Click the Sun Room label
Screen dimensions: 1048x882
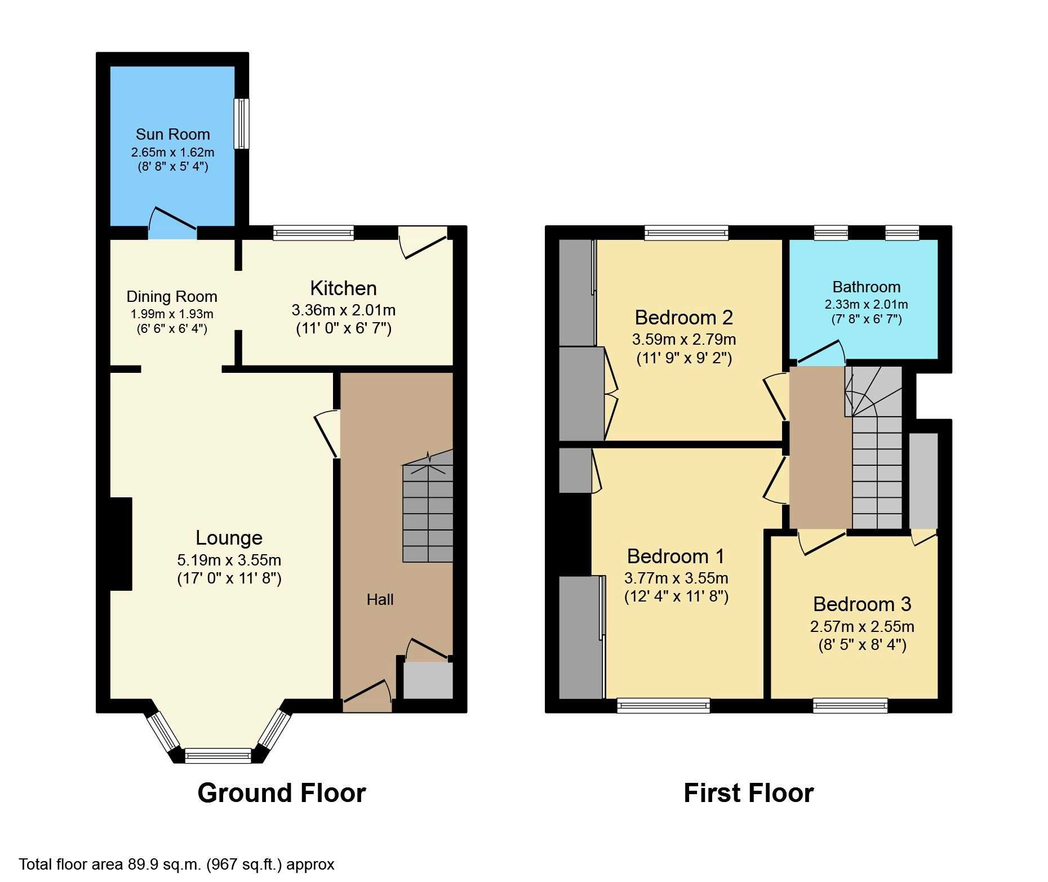(172, 134)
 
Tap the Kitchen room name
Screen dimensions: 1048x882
(343, 288)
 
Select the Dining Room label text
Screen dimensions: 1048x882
(172, 297)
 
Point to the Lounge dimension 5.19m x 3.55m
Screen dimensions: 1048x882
(229, 560)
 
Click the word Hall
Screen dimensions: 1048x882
(380, 599)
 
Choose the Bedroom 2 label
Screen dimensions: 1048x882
(684, 318)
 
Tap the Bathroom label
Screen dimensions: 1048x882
(867, 287)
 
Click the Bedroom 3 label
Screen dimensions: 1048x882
(862, 604)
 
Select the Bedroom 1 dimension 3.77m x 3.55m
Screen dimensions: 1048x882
(676, 578)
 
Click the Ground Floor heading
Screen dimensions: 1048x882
(282, 793)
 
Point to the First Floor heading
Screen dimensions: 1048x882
(749, 793)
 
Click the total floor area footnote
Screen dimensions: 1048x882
(177, 865)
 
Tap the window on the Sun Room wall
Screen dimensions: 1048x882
(242, 124)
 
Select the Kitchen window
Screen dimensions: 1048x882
(313, 233)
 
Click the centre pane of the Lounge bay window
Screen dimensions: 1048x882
(218, 755)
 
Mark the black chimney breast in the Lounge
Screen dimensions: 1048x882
(121, 544)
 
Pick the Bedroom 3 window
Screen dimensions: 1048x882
(850, 706)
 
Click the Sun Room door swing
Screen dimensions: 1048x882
(172, 220)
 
